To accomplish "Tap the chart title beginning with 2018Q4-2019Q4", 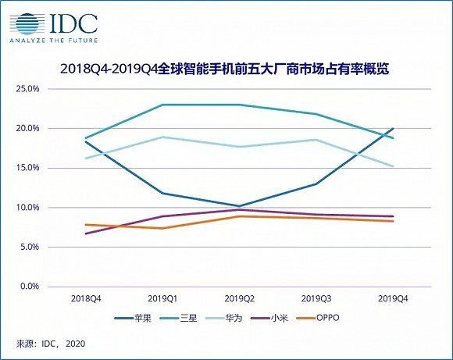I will click(225, 70).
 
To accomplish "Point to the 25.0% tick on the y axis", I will click(27, 89).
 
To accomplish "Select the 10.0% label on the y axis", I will click(27, 208).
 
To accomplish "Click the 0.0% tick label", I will click(29, 287).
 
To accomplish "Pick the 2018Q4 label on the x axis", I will click(87, 298).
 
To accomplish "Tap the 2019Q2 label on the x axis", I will click(239, 298).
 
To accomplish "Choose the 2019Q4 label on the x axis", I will click(392, 298).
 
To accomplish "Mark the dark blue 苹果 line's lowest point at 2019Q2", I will click(239, 206).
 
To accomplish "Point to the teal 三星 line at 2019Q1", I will click(162, 105).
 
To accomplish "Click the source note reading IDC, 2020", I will click(48, 343).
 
